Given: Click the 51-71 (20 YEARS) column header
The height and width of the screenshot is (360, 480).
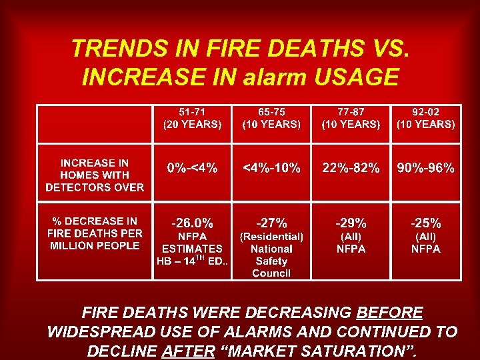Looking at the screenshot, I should click(x=192, y=118).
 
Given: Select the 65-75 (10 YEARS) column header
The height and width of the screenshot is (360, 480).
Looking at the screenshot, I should click(x=271, y=118).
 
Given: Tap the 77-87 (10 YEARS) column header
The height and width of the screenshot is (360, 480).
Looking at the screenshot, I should click(x=351, y=118).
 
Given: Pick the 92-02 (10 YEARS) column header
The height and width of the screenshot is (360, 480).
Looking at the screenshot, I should click(x=426, y=118).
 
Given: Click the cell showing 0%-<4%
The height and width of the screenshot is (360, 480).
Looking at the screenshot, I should click(x=192, y=168).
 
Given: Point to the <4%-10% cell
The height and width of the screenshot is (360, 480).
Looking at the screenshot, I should click(x=271, y=168).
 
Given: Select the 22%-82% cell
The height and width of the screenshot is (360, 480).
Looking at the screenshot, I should click(x=351, y=168).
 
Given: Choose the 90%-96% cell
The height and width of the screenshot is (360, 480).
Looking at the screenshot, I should click(x=426, y=168).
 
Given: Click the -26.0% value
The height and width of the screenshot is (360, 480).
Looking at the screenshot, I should click(x=192, y=223).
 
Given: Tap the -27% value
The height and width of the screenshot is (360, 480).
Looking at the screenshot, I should click(x=271, y=223).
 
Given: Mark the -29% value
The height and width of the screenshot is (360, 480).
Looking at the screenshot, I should click(x=351, y=223).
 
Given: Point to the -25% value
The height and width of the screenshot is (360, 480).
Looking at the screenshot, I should click(x=426, y=223).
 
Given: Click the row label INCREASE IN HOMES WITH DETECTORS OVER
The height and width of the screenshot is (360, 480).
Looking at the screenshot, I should click(x=95, y=175).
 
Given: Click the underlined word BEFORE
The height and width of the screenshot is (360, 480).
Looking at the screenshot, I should click(x=389, y=313).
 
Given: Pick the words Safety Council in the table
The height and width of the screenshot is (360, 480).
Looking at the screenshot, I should click(x=271, y=267).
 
